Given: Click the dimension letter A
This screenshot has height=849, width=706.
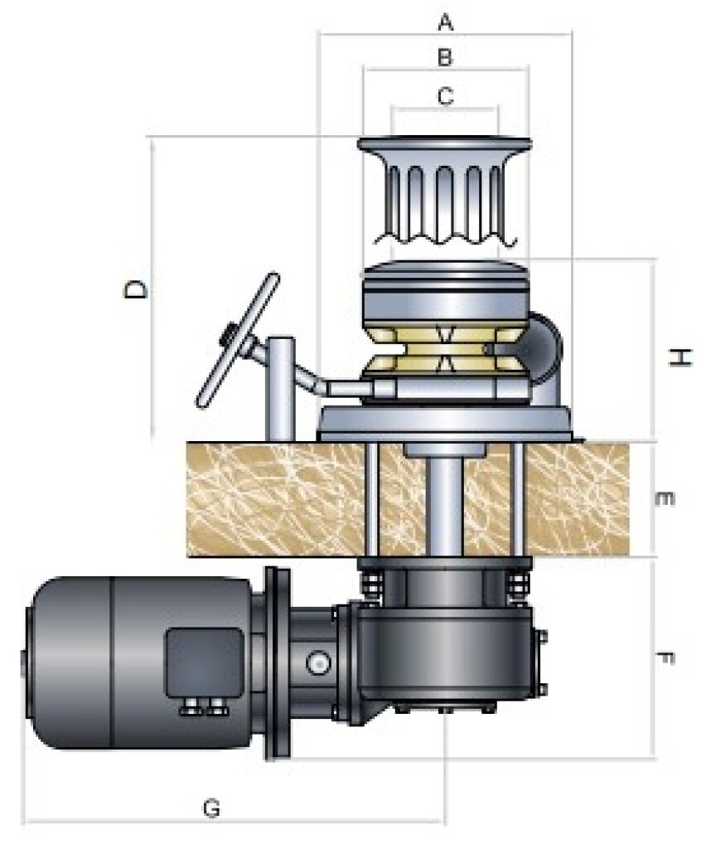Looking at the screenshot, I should tap(445, 22).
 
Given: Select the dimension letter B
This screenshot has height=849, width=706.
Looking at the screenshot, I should tap(445, 58).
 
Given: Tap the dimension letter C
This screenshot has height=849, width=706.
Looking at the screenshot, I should tap(445, 96).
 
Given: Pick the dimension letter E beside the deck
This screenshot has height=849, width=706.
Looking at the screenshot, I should tap(665, 499).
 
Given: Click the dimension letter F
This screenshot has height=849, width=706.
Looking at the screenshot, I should tap(665, 659).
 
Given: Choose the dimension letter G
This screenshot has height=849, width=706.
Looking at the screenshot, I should tap(212, 807).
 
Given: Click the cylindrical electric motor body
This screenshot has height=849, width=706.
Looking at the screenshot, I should tap(124, 662).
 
